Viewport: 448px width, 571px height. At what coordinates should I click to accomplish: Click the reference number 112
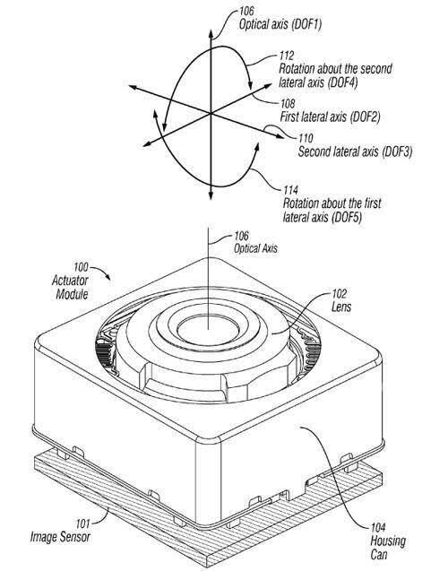pyautogui.click(x=287, y=56)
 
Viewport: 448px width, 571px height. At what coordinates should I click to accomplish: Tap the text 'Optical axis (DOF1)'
pyautogui.click(x=280, y=24)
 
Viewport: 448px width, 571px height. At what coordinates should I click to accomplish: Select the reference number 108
pyautogui.click(x=288, y=103)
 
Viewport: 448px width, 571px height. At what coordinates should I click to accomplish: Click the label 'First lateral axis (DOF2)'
pyautogui.click(x=330, y=117)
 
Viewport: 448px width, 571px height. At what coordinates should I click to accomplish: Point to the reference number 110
pyautogui.click(x=306, y=138)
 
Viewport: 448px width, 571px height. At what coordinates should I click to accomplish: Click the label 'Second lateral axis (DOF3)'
pyautogui.click(x=355, y=151)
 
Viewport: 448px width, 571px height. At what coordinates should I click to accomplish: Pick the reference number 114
pyautogui.click(x=291, y=190)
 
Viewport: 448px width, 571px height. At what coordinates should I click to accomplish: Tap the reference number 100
pyautogui.click(x=81, y=267)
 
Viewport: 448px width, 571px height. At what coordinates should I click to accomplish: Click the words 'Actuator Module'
pyautogui.click(x=70, y=288)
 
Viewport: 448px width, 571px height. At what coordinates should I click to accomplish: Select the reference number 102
pyautogui.click(x=340, y=293)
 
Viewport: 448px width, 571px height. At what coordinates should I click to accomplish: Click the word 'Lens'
pyautogui.click(x=341, y=307)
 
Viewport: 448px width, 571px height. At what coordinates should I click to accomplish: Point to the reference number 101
pyautogui.click(x=82, y=523)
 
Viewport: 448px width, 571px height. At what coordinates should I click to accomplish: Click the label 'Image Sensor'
pyautogui.click(x=60, y=537)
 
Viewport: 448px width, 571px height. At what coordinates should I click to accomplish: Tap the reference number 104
pyautogui.click(x=378, y=527)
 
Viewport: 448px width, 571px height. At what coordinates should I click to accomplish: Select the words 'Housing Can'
pyautogui.click(x=388, y=548)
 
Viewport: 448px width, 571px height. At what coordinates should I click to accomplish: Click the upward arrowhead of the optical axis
pyautogui.click(x=211, y=33)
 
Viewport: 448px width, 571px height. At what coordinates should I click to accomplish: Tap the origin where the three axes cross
pyautogui.click(x=211, y=114)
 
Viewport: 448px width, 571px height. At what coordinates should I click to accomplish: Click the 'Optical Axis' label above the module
pyautogui.click(x=255, y=248)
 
